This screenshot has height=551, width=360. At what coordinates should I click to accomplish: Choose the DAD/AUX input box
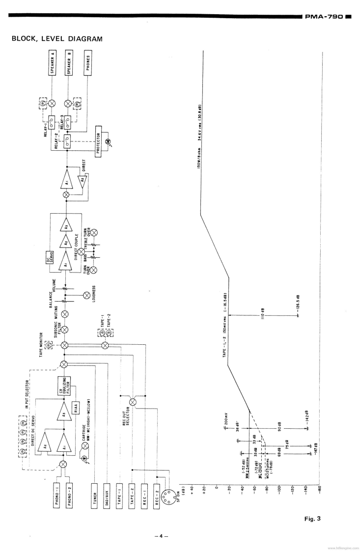coord(106,493)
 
